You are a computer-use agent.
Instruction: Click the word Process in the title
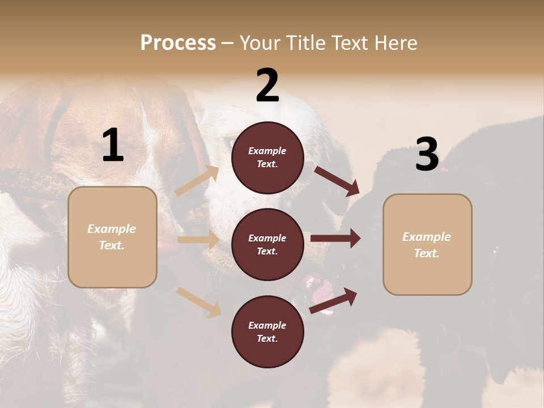click(x=178, y=42)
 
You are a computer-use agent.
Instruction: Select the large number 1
click(x=113, y=146)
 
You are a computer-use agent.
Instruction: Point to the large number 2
click(x=267, y=86)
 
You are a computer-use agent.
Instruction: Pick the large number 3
click(x=427, y=155)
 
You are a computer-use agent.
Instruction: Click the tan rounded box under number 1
click(x=112, y=237)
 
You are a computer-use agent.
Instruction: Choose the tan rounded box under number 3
click(x=427, y=245)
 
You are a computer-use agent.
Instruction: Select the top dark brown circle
click(x=267, y=158)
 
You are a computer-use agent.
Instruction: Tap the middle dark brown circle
click(x=267, y=245)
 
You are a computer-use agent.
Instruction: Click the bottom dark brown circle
click(x=267, y=332)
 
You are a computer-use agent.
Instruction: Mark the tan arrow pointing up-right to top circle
click(x=197, y=181)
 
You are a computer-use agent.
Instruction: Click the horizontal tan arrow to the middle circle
click(x=198, y=240)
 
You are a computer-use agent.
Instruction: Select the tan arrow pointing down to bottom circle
click(x=199, y=302)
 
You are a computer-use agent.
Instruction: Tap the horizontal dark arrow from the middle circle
click(x=335, y=239)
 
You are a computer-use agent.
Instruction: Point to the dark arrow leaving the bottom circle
click(x=333, y=300)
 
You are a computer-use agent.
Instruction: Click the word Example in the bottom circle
click(x=267, y=325)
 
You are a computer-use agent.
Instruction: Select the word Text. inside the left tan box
click(x=112, y=245)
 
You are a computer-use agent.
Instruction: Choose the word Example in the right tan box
click(x=427, y=237)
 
